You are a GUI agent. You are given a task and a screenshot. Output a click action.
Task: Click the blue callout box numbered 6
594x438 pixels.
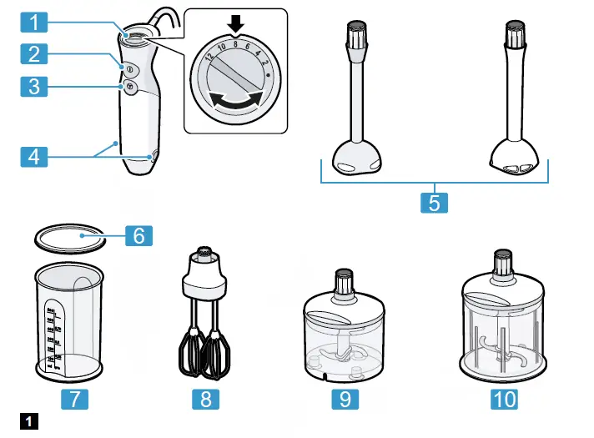[x=139, y=235]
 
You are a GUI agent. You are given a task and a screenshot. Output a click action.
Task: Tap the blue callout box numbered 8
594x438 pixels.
[x=206, y=399]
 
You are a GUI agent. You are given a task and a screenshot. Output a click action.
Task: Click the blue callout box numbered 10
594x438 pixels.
[x=503, y=399]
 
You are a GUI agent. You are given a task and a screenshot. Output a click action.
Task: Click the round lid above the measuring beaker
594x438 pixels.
[x=70, y=238]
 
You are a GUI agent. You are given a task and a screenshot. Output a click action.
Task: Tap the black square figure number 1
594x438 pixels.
[x=30, y=420]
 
